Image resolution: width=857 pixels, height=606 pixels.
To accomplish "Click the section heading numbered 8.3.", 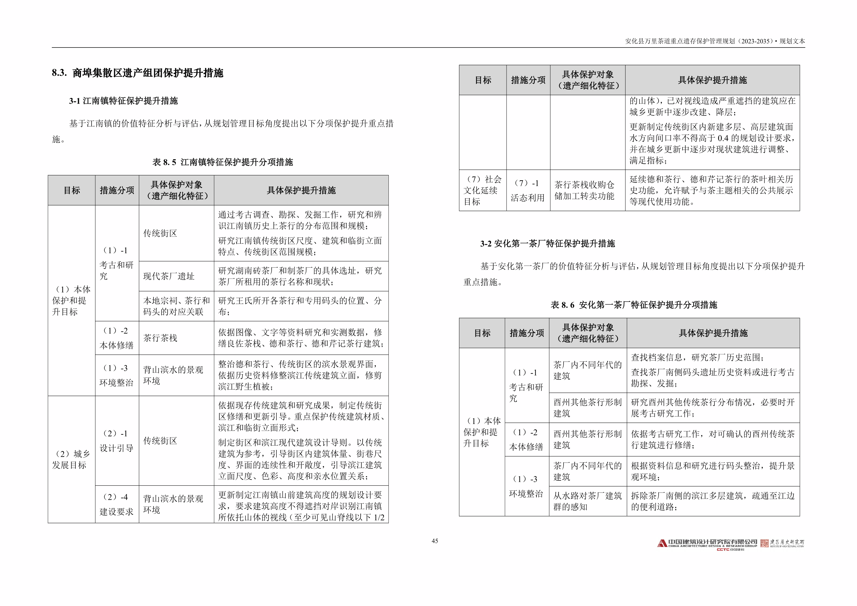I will pos(137,73).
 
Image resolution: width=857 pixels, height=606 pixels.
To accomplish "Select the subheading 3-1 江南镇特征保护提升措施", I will pos(123,101).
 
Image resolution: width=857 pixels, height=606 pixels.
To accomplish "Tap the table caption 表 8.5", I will pos(223,162).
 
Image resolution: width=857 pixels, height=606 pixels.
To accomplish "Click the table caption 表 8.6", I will pos(634,305).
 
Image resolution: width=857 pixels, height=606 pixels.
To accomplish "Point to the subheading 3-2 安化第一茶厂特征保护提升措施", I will pos(547,244).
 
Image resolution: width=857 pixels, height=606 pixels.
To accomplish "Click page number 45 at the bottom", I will pos(435,541).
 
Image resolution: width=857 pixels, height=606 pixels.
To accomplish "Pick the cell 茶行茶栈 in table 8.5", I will pos(160,338).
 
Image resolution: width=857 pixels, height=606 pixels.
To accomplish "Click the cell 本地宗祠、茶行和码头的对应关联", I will pos(176,306).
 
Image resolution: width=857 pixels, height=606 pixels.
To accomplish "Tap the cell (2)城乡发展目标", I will pos(71,459).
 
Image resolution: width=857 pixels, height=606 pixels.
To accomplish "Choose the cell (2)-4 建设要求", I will pos(116,504).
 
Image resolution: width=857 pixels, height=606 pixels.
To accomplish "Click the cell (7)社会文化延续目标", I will pos(482,190).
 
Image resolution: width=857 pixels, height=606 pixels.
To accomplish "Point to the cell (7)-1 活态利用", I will pos(527,190).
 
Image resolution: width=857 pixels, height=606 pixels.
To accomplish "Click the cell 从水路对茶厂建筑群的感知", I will pos(587,501).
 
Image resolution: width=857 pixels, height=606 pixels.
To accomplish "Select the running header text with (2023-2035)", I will pos(715,41).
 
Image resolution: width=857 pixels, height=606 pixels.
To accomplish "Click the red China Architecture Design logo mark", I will pos(662,543).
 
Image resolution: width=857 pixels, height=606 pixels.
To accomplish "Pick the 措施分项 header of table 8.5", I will pos(117,190).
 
